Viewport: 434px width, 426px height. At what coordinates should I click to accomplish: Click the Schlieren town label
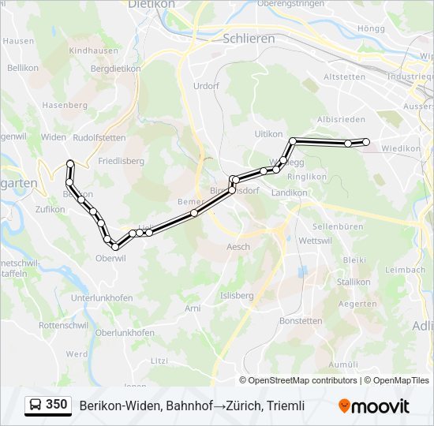249,38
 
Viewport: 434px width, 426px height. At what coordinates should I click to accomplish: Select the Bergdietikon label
114,69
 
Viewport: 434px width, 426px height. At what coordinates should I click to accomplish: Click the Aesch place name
238,247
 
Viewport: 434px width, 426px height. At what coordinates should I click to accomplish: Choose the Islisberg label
237,296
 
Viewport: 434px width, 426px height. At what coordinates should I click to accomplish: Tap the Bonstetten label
301,321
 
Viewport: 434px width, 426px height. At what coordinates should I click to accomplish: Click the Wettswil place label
316,240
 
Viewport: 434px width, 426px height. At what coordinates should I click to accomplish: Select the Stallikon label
354,282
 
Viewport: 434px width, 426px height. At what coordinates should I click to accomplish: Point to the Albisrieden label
341,119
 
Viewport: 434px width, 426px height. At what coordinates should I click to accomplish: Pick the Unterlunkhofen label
102,297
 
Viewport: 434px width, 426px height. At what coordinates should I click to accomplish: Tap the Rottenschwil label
64,325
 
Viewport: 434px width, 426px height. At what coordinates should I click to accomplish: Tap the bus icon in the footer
35,405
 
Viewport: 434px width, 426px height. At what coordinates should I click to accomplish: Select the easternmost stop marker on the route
365,142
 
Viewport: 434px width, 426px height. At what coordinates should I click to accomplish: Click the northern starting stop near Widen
70,164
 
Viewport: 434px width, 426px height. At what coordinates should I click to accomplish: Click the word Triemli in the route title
286,405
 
